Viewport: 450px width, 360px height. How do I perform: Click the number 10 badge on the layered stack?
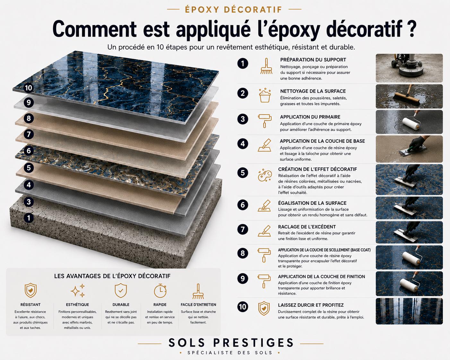[x=29, y=88]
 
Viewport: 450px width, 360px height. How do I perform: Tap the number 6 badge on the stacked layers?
[x=29, y=150]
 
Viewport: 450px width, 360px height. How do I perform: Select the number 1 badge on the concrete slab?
[x=29, y=218]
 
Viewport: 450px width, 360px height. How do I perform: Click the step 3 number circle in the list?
[x=243, y=119]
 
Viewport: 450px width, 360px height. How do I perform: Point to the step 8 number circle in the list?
[x=243, y=253]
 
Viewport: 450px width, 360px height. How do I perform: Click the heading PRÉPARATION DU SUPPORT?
[x=313, y=60]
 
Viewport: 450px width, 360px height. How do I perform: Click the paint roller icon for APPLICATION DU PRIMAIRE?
[x=264, y=121]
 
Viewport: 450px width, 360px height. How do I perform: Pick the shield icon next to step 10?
[x=264, y=308]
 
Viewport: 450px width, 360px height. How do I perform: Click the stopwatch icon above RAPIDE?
[x=160, y=290]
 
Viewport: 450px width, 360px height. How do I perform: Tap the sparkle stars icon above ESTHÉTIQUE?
[x=78, y=290]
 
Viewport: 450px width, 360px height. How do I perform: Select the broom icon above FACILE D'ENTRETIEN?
[x=198, y=291]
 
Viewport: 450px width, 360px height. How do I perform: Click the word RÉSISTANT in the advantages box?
[x=30, y=304]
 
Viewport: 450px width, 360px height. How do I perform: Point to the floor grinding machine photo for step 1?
[x=409, y=68]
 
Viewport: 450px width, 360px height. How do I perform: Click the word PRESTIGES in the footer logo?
[x=253, y=343]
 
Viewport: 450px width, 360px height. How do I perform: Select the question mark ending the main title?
[x=411, y=29]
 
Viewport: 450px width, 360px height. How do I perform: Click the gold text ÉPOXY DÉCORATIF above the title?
[x=234, y=10]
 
